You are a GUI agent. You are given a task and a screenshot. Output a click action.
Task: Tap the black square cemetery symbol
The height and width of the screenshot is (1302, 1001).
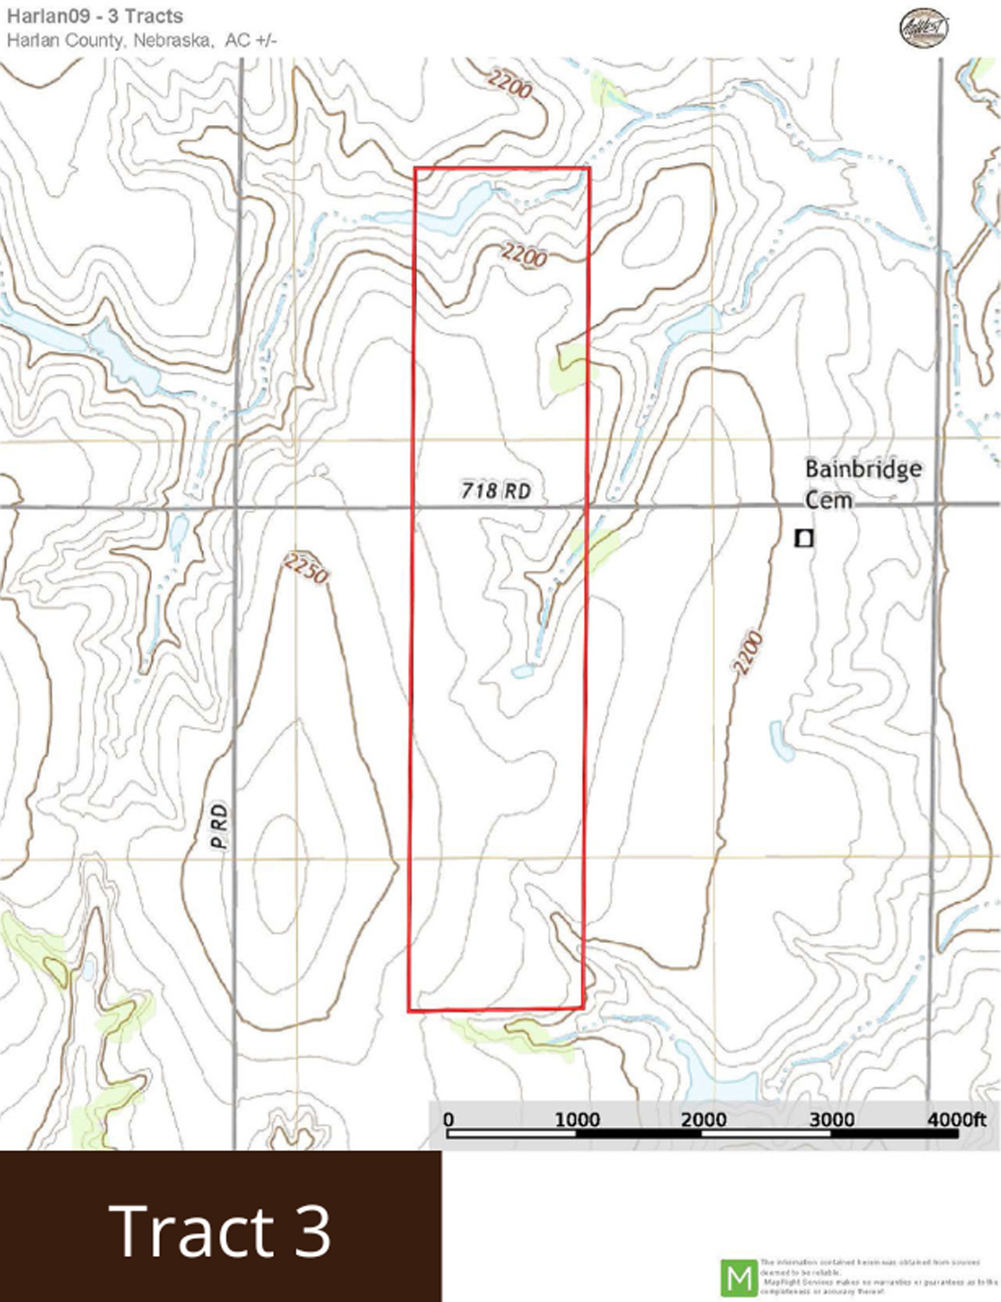(804, 538)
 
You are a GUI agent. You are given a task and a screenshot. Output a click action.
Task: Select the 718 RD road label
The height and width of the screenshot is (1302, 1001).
(496, 491)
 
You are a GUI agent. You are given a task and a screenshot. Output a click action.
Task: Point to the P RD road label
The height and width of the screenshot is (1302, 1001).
(219, 826)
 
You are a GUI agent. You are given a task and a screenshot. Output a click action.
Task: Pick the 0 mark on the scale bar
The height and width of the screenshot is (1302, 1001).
(448, 1119)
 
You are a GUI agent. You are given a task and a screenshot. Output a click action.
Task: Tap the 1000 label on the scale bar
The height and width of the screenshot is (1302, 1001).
(577, 1119)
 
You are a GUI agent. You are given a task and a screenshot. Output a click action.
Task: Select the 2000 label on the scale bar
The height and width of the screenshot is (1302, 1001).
(703, 1119)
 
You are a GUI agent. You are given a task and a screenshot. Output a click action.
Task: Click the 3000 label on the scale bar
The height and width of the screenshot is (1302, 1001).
(831, 1119)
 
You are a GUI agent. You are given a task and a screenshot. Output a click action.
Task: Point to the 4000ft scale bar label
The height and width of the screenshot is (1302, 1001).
(956, 1119)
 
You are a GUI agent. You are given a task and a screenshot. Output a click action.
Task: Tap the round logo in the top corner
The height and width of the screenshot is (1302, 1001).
(924, 27)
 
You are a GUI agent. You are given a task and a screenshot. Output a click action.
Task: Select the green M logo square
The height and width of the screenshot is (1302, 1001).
(739, 1278)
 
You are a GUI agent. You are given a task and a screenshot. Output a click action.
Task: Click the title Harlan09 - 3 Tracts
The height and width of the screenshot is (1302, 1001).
(95, 16)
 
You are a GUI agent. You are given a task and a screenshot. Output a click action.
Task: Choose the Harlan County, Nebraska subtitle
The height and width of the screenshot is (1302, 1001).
(141, 40)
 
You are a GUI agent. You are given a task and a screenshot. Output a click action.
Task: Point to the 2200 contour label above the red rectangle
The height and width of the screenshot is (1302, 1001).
(509, 85)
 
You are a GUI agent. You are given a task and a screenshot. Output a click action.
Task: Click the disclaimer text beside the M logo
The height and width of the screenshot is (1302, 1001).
(880, 1277)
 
